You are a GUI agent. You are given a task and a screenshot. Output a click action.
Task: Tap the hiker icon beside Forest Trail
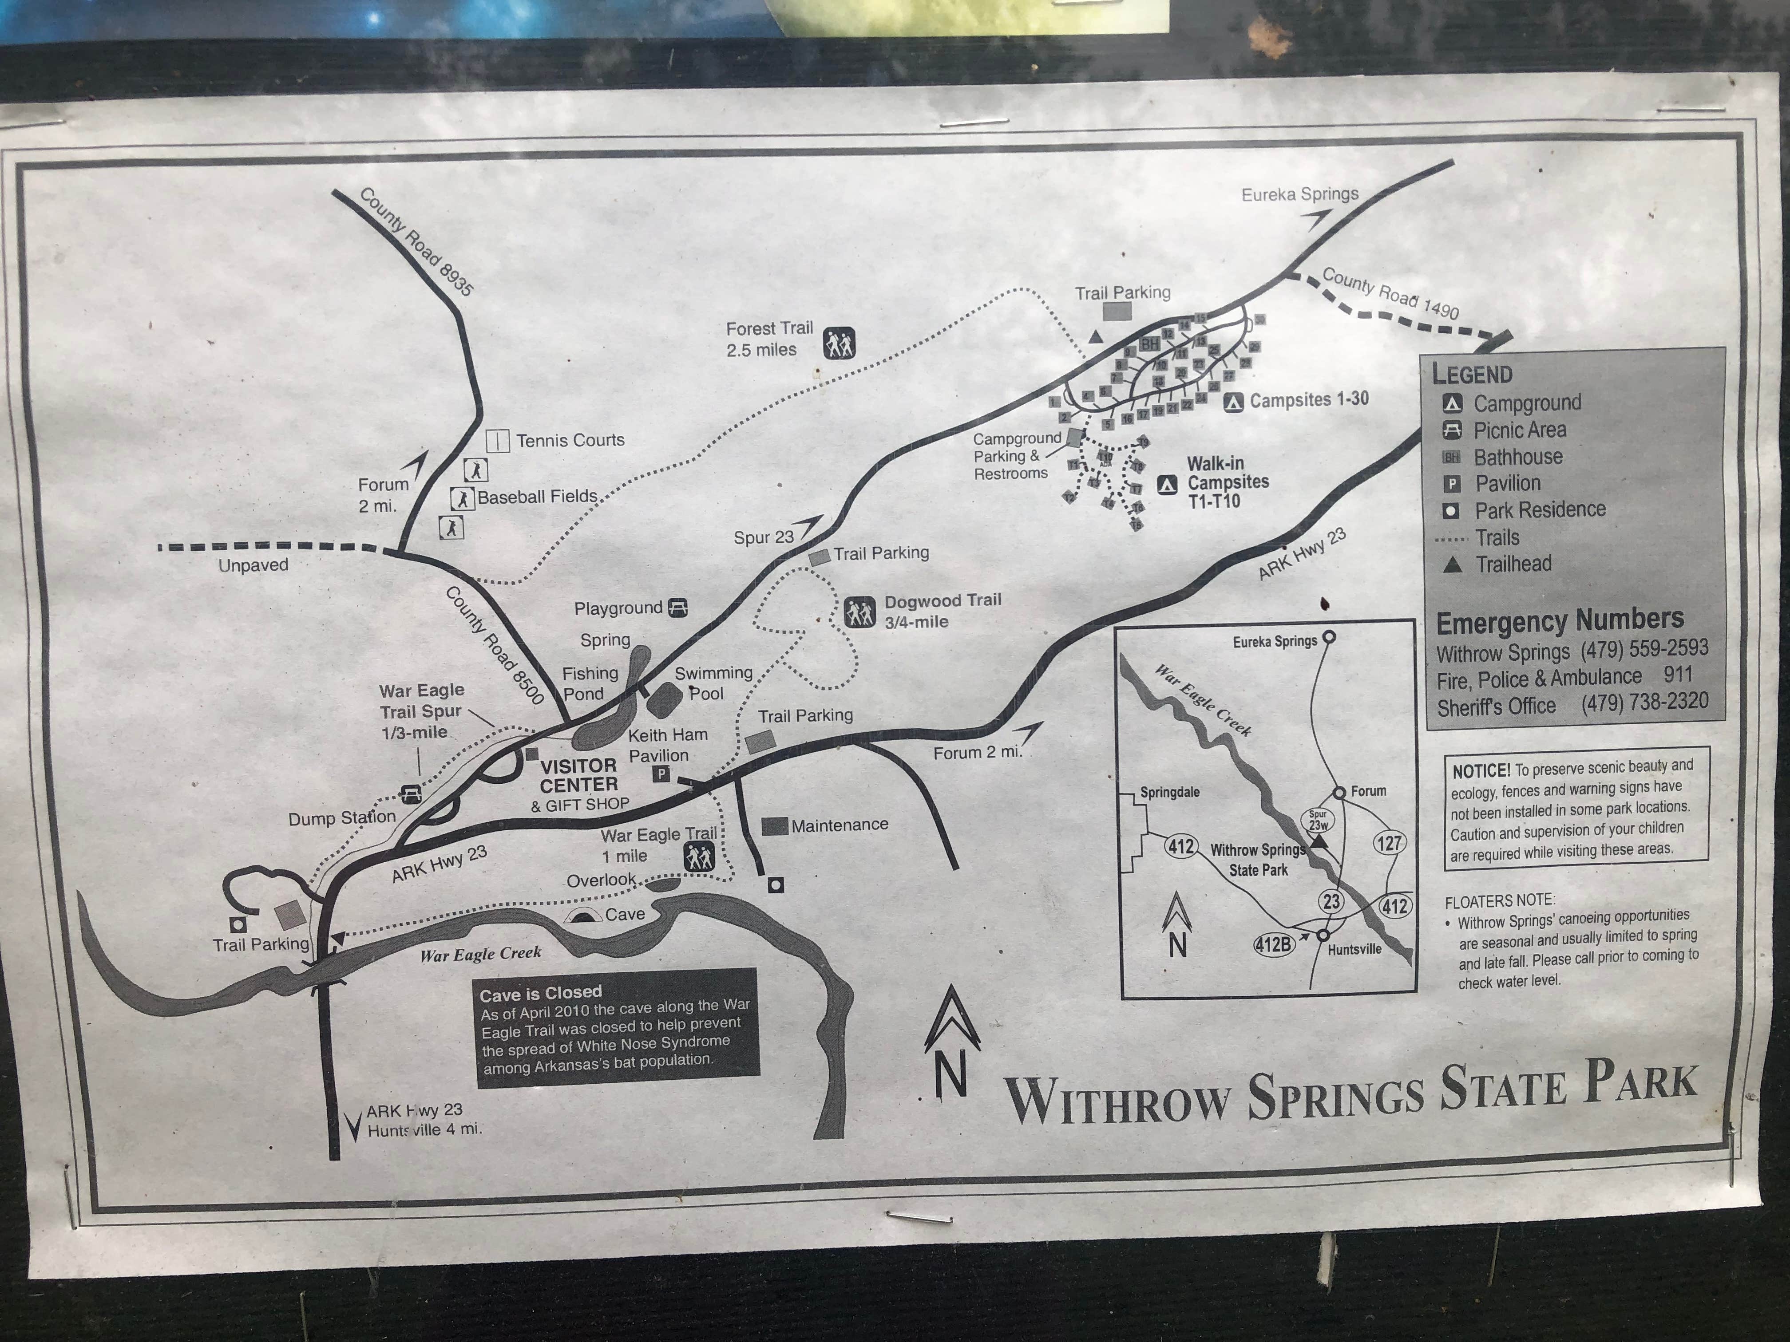839,343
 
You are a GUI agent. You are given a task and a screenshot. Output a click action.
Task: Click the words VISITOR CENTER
578,775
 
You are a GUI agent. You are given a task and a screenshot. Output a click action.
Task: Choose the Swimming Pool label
712,683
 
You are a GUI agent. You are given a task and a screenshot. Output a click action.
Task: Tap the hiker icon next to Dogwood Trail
859,612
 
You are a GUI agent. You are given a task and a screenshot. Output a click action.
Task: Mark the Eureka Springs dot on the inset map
1328,637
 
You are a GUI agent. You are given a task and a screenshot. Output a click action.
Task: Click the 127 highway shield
1389,843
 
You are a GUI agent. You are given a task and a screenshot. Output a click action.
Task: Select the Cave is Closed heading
541,992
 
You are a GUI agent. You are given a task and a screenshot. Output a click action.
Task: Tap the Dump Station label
341,818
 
